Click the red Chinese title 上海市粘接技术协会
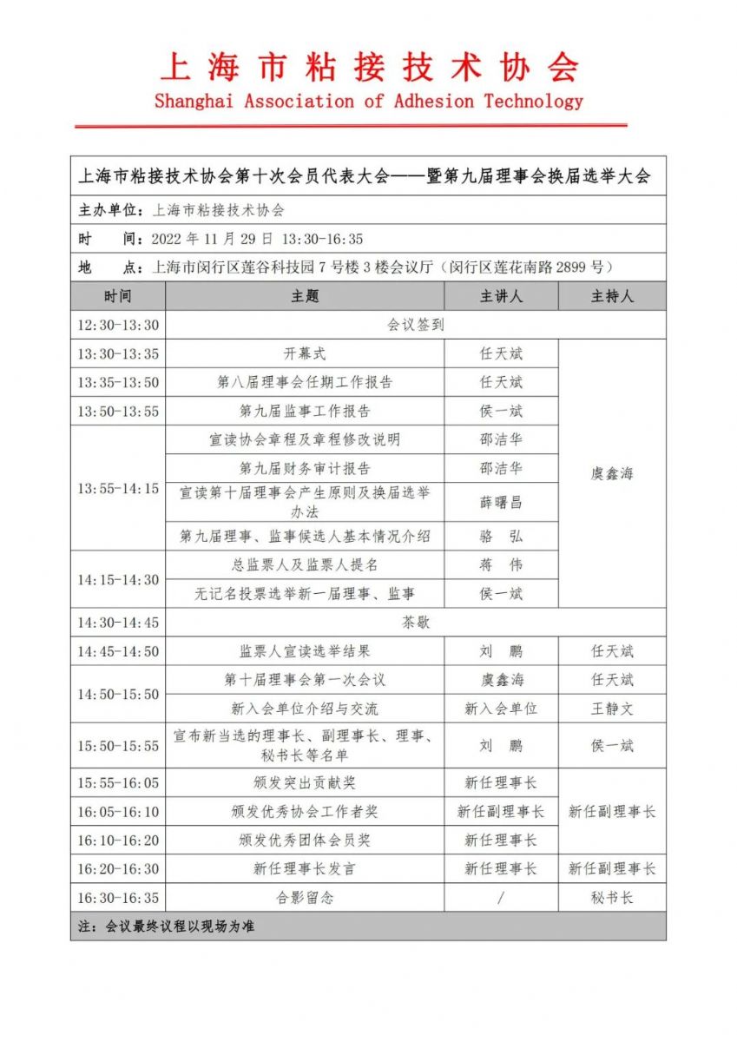(x=369, y=67)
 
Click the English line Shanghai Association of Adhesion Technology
(x=369, y=102)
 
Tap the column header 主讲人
(x=501, y=296)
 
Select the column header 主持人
(x=612, y=296)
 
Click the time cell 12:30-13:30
(x=118, y=325)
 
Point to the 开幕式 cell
(x=305, y=353)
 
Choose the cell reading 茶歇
(x=415, y=623)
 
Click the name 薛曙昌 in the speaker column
(x=501, y=503)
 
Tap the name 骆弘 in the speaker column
(x=501, y=536)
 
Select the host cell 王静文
(x=612, y=709)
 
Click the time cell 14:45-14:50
(x=118, y=651)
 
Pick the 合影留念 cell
(x=305, y=897)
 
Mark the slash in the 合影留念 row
(x=501, y=897)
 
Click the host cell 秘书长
(x=612, y=897)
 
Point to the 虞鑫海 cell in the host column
(x=612, y=474)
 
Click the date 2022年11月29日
(x=212, y=239)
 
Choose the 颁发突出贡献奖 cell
(x=305, y=782)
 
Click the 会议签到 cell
(x=415, y=325)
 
